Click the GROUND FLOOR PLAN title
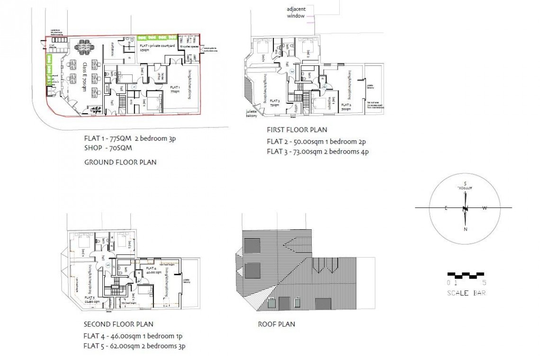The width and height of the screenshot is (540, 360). click(x=120, y=162)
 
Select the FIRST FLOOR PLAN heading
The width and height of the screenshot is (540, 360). click(x=297, y=130)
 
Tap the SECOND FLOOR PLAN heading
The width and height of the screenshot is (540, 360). click(x=118, y=324)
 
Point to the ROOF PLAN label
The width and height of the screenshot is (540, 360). click(x=276, y=324)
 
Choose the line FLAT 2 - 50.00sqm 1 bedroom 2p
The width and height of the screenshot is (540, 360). click(x=316, y=141)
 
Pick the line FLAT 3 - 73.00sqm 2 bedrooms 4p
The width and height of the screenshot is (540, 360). click(x=317, y=152)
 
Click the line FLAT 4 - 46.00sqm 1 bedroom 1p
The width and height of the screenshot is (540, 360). click(x=133, y=336)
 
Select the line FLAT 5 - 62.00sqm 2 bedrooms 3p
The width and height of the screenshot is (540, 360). click(x=134, y=346)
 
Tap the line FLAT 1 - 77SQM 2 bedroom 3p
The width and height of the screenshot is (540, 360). click(x=130, y=139)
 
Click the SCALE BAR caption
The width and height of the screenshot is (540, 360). click(x=467, y=293)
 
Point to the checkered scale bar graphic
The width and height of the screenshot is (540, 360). click(x=466, y=274)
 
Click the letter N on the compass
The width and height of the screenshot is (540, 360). click(x=466, y=230)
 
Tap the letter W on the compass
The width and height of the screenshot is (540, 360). click(x=484, y=208)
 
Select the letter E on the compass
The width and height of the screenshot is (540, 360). click(x=446, y=208)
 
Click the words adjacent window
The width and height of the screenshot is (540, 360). click(x=297, y=12)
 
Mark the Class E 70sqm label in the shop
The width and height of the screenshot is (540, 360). click(x=84, y=76)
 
